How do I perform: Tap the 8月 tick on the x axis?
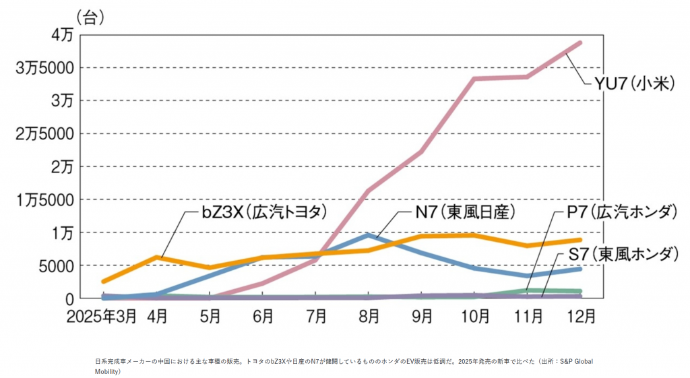pos(369,315)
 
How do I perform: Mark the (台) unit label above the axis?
pos(90,18)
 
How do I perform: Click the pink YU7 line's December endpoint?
pos(580,43)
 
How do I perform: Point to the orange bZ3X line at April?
pos(156,257)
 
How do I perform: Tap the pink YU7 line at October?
pos(474,79)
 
